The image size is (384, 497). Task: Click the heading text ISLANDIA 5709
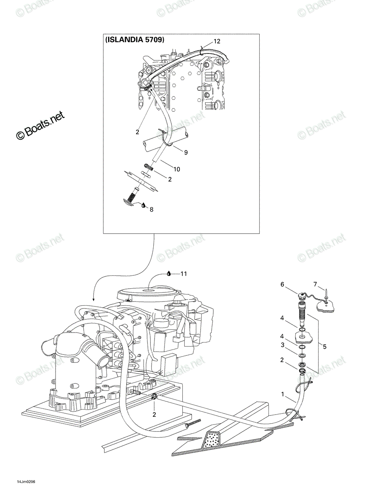point(135,40)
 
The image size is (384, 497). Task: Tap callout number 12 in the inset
point(217,41)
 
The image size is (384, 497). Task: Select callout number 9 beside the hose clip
point(186,152)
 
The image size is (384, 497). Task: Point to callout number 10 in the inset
point(177,169)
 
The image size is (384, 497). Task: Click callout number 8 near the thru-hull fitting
point(151,210)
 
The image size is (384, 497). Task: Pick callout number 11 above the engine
point(184,274)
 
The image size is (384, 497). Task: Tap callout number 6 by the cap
point(282,284)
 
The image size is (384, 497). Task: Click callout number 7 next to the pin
point(315,284)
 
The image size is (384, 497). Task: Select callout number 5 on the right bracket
point(324,347)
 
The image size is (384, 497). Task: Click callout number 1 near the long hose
point(283,394)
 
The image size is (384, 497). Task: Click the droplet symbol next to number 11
point(169,273)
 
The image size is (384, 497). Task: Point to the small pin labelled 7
point(326,294)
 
